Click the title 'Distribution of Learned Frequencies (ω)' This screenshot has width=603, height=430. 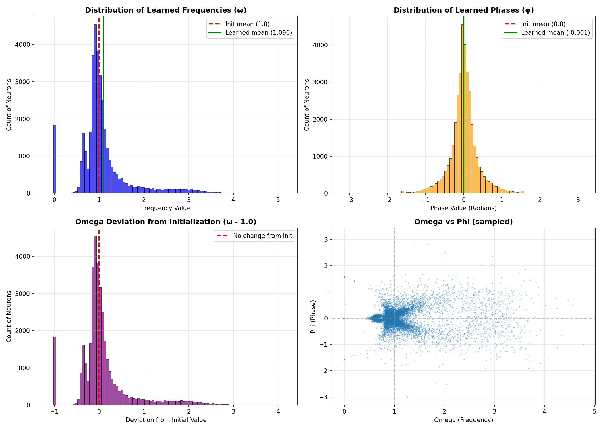click(x=166, y=10)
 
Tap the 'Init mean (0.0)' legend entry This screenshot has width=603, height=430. click(x=543, y=24)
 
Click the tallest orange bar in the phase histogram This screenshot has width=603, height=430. click(x=462, y=109)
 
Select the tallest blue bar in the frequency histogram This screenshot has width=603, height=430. click(x=96, y=109)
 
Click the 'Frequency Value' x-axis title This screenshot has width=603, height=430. click(x=166, y=208)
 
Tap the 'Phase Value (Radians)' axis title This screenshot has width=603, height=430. click(x=463, y=208)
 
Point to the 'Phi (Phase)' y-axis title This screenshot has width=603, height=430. click(x=313, y=316)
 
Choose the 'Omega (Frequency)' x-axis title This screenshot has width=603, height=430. click(x=463, y=420)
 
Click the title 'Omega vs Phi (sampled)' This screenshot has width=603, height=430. click(x=463, y=222)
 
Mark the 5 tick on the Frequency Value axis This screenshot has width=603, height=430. click(x=278, y=200)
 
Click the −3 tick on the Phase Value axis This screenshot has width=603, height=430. click(x=349, y=200)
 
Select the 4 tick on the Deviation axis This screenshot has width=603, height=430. click(x=278, y=412)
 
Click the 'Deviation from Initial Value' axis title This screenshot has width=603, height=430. click(x=166, y=420)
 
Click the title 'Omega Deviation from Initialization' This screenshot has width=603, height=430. click(x=166, y=222)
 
